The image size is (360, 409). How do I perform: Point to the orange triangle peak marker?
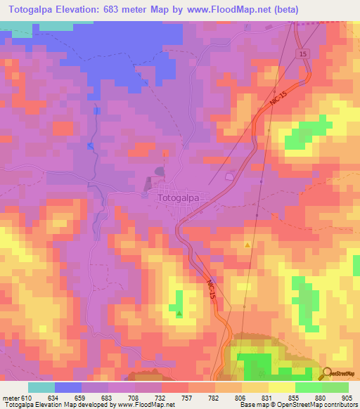247,245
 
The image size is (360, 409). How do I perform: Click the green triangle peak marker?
179,313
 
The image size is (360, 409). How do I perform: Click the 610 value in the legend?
25,397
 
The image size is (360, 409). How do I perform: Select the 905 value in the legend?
349,397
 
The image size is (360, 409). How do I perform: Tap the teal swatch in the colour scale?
41,387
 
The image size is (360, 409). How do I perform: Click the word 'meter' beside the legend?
10,397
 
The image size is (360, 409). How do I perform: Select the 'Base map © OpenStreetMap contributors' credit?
297,405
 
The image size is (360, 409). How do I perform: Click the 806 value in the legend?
242,397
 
